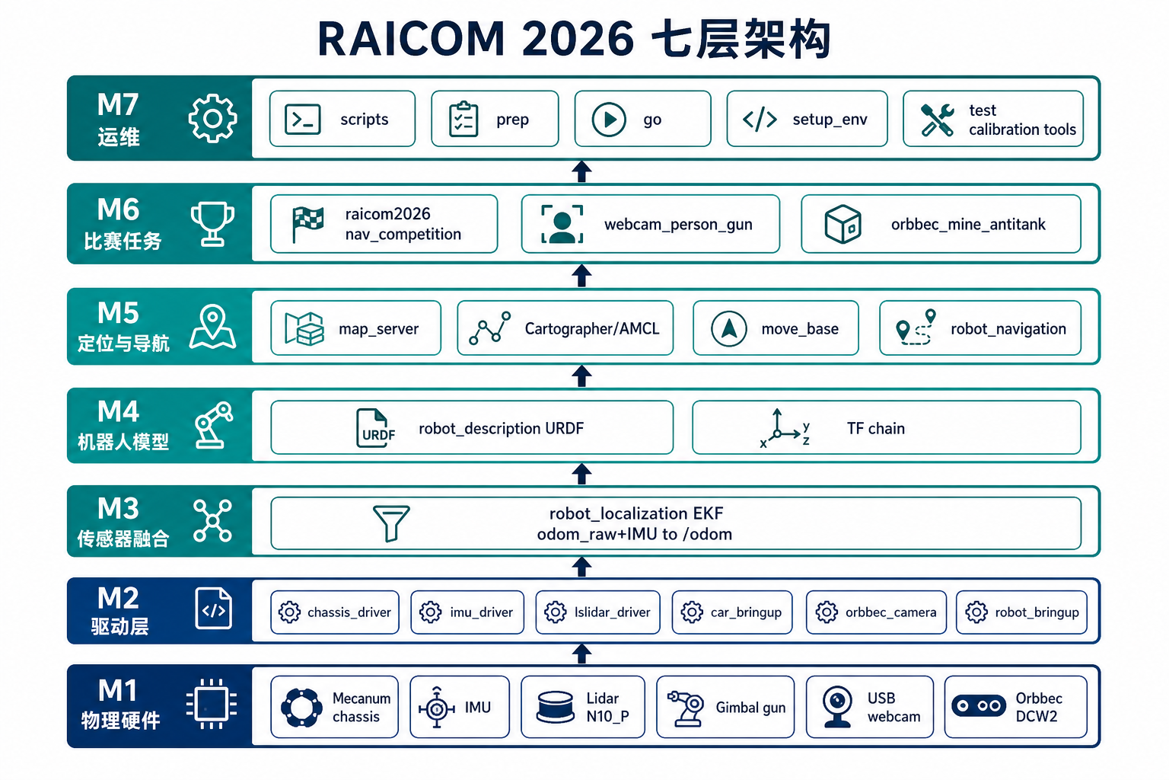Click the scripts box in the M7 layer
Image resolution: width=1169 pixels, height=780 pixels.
[x=342, y=119]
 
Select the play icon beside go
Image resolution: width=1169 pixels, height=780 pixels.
[x=609, y=119]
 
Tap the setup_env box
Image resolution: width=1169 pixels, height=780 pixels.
[x=807, y=119]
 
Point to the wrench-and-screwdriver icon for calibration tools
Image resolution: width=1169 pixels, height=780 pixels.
[x=938, y=120]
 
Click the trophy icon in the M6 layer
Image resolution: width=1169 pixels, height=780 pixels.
[x=212, y=224]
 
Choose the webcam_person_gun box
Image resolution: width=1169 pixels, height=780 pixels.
[x=650, y=224]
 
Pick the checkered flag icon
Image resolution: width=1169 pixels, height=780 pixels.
[x=307, y=224]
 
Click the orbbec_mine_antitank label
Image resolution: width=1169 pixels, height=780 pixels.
[x=968, y=224]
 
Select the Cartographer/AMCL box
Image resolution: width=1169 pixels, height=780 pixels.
[x=565, y=328]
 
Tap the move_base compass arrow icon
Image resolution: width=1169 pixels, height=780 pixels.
[x=729, y=328]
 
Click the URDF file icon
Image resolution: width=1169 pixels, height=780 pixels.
[x=375, y=428]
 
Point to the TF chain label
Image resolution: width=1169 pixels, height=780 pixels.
[x=876, y=428]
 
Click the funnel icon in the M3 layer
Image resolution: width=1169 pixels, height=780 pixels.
[x=391, y=523]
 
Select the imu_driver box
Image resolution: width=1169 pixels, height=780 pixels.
[x=467, y=612]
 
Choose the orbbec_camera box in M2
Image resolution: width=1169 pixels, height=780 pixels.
[x=876, y=612]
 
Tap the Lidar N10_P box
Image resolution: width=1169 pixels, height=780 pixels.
[x=583, y=707]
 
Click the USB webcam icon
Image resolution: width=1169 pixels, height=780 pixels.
[x=837, y=707]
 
